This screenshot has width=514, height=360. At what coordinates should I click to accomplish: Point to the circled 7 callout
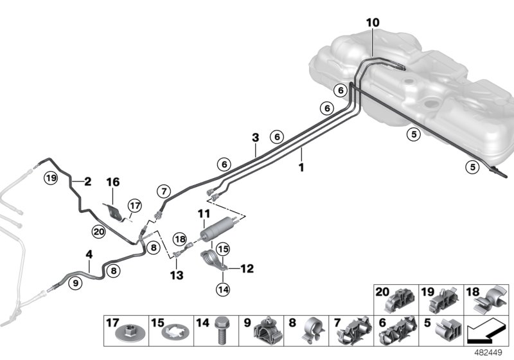point(164,191)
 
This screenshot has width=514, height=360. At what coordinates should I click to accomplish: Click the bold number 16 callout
point(113,183)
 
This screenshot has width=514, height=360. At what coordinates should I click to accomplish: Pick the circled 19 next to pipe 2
point(51,177)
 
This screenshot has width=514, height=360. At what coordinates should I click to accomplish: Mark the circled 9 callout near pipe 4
point(75,281)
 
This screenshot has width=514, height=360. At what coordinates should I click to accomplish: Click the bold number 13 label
point(177,275)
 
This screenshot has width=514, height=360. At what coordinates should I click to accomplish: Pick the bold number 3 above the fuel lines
point(255,138)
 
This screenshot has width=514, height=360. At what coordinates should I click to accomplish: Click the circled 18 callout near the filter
point(179,239)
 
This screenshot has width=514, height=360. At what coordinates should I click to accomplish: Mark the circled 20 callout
point(98,231)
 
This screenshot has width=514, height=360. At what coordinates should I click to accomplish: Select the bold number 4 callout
point(89,255)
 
